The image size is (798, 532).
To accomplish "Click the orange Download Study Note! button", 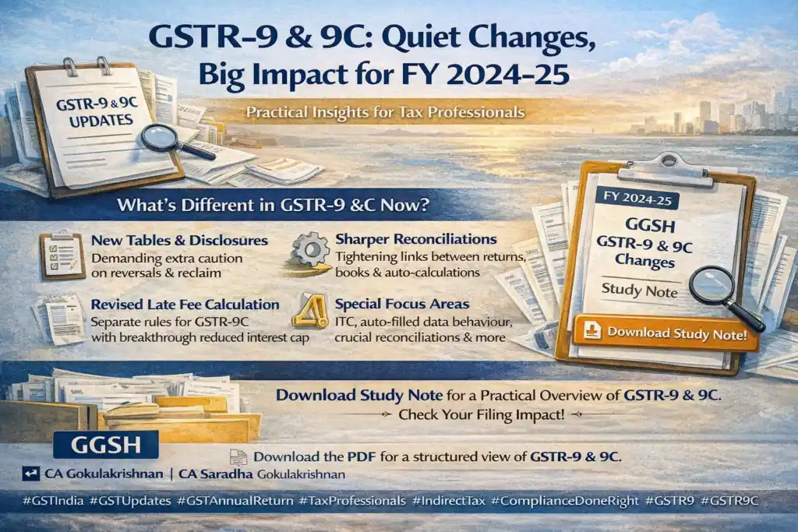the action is click(666, 333).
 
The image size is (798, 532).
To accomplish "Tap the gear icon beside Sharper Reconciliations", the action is click(310, 250).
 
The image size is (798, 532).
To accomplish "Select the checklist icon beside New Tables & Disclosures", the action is click(62, 255).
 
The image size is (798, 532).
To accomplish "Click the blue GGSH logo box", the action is click(106, 445).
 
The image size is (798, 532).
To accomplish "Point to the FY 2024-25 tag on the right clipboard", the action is click(638, 199).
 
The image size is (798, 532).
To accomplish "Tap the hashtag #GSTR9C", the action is click(729, 501).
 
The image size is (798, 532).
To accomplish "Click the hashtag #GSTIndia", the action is click(53, 501).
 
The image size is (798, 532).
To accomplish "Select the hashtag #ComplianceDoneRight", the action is click(564, 501).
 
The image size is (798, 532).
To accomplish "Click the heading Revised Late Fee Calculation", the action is click(185, 305).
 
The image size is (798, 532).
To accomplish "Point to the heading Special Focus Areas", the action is click(402, 304).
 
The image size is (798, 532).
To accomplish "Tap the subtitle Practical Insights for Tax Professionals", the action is click(385, 112).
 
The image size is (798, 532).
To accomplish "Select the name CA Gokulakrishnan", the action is click(104, 474).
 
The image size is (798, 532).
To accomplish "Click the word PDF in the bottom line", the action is click(362, 456).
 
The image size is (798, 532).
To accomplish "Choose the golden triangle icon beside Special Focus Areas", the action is click(310, 311).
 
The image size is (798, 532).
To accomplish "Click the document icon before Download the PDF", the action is click(238, 456).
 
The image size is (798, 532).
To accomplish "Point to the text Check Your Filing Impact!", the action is click(482, 414).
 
